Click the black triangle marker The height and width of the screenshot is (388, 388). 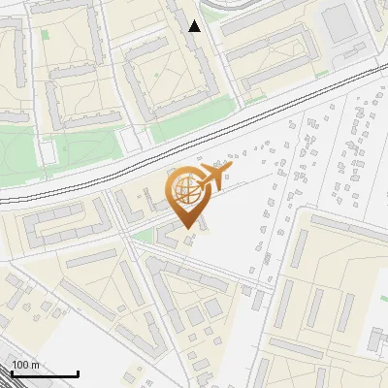coord(195,25)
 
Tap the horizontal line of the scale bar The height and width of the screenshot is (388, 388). coord(44,374)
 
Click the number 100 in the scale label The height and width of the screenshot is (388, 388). coord(20,365)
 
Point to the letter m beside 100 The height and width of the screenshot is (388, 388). coord(34,365)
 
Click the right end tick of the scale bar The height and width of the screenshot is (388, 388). coord(78,372)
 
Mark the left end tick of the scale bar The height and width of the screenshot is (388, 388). coord(10,372)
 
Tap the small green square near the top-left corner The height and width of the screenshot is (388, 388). coord(46,36)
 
